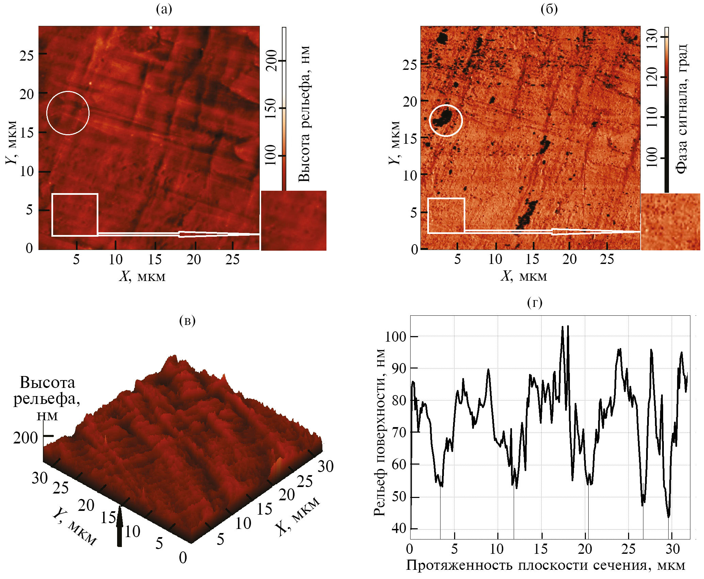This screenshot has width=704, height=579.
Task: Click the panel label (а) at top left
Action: pyautogui.click(x=164, y=9)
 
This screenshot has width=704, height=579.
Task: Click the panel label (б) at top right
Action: pyautogui.click(x=549, y=9)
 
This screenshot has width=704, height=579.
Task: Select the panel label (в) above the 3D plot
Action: pyautogui.click(x=187, y=320)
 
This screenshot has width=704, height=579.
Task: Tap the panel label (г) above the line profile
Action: pyautogui.click(x=534, y=302)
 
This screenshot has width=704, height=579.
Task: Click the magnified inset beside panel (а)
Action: pyautogui.click(x=293, y=220)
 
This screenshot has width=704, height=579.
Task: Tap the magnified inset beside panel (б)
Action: pyautogui.click(x=670, y=221)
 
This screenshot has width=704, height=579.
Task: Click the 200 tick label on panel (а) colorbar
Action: pyautogui.click(x=271, y=61)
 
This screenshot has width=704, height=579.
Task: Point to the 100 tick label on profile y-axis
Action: pyautogui.click(x=396, y=337)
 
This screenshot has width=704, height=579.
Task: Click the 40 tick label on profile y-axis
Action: pyautogui.click(x=399, y=528)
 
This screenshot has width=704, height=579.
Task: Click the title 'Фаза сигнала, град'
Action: pyautogui.click(x=681, y=109)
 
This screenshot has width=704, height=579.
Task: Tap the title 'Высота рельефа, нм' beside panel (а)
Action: pyautogui.click(x=304, y=114)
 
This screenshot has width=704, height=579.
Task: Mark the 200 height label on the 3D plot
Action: pyautogui.click(x=26, y=438)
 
